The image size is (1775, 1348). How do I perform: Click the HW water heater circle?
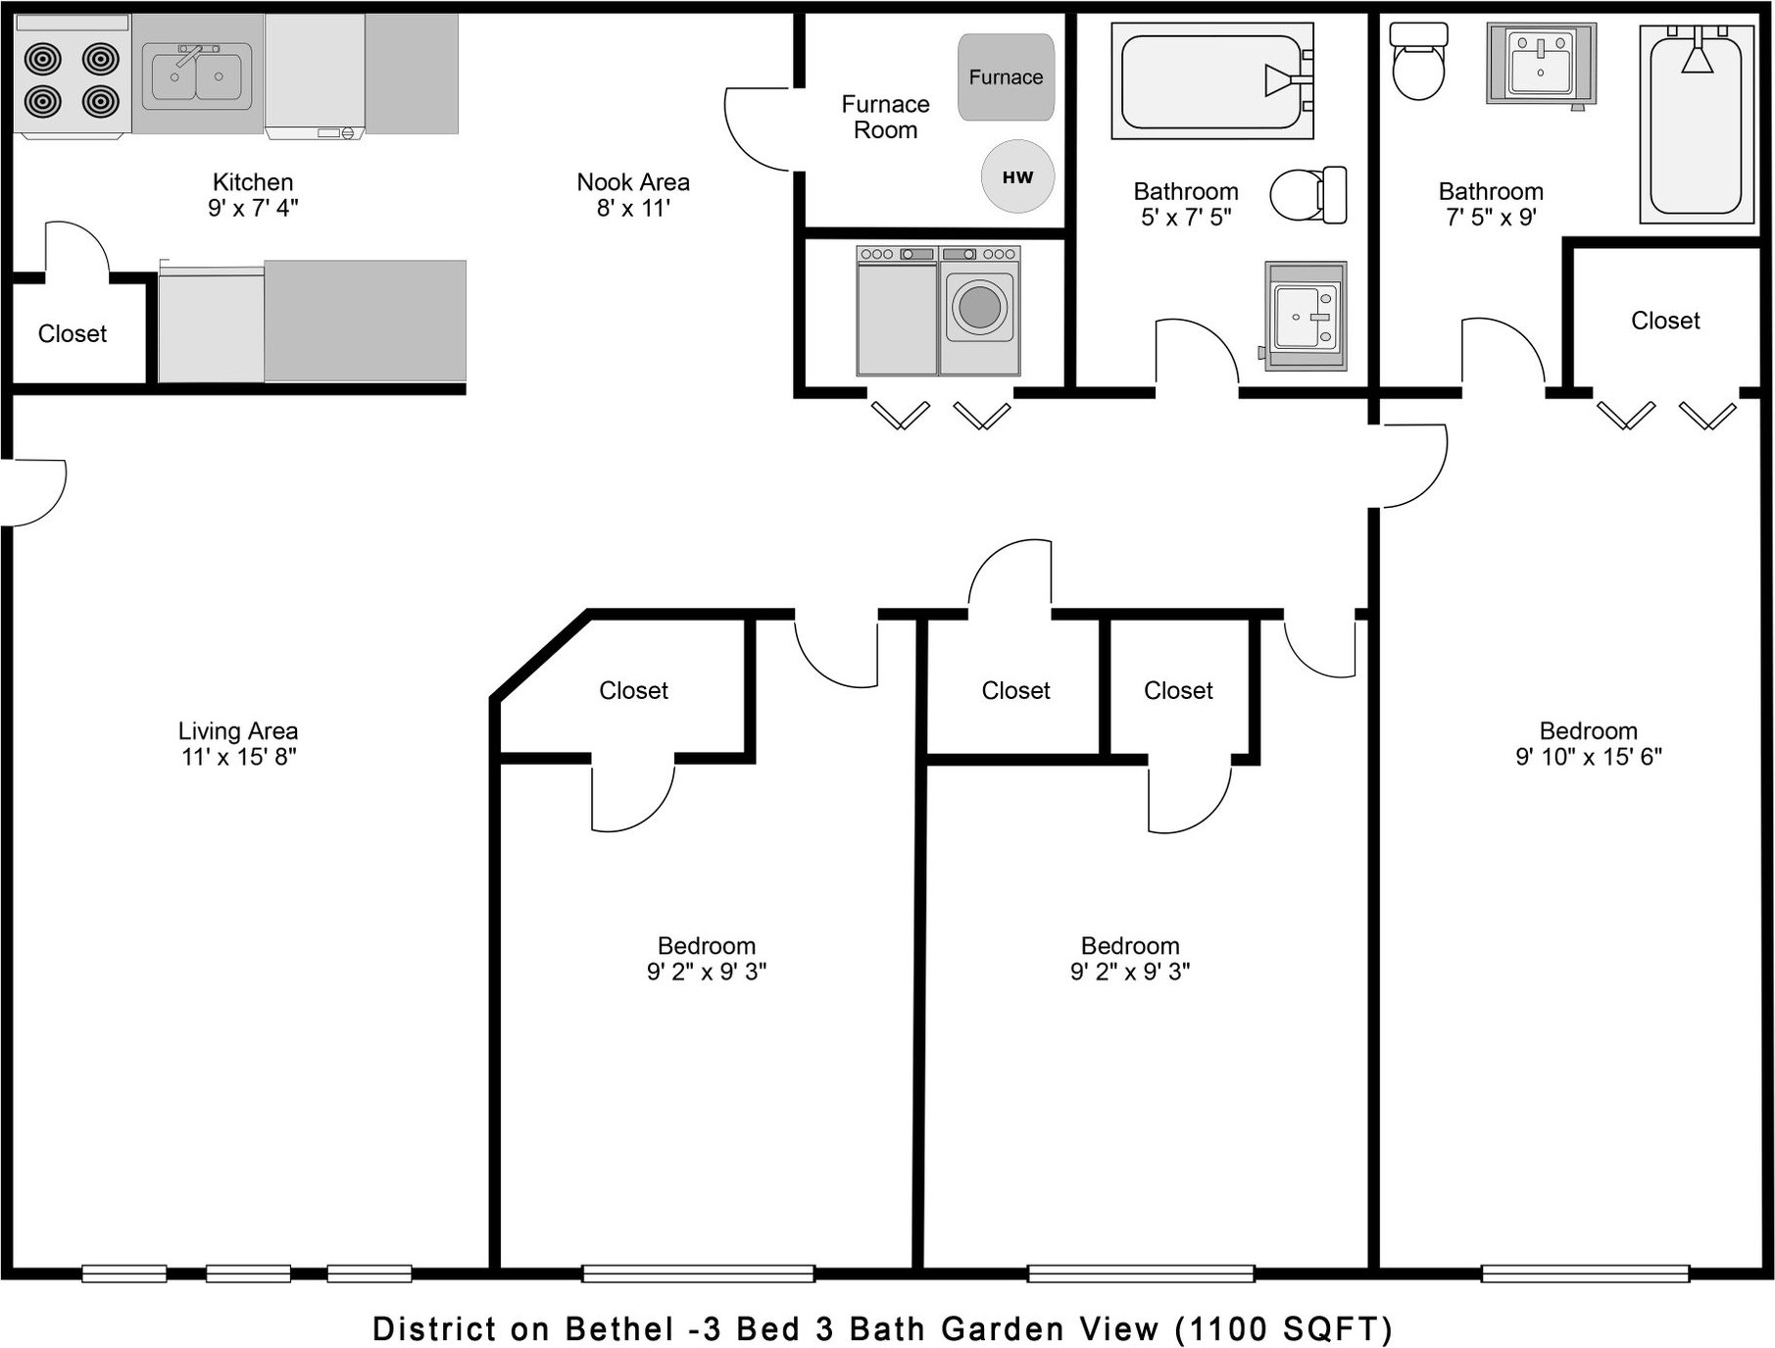pos(1018,176)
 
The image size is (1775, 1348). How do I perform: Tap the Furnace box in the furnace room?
pos(1007,77)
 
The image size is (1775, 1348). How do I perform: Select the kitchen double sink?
pos(197,75)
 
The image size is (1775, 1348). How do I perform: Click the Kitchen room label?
pos(253,182)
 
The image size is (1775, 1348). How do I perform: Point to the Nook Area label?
pos(633,182)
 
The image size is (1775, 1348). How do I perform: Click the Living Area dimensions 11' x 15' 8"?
pos(238,757)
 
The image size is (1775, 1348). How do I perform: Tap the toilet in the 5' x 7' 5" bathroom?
pos(1308,194)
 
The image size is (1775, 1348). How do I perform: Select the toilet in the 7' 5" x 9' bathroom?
pos(1418,61)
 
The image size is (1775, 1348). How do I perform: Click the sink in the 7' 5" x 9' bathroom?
pos(1541,64)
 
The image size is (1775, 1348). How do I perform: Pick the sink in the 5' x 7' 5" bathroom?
pos(1306,316)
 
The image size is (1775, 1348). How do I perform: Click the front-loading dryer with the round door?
pos(980,310)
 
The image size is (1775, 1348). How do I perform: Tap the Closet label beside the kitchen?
pos(73,334)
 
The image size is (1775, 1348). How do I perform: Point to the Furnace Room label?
pos(886,117)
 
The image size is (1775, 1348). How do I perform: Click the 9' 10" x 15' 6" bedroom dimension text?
pos(1589,757)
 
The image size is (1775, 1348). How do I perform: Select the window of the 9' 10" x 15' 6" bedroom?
pos(1585,1273)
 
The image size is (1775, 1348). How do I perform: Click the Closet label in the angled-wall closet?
pos(634,691)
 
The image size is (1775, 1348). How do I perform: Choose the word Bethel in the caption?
pos(619,1329)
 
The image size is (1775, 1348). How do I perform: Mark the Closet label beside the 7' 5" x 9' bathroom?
pos(1665,321)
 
